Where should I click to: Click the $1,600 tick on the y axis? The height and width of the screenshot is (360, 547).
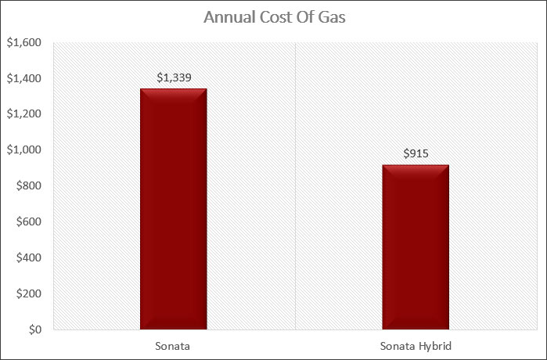23,43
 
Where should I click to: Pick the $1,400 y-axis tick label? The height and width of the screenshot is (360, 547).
23,79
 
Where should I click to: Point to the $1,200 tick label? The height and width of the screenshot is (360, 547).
23,114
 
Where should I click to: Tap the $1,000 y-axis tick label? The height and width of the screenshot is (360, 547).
23,150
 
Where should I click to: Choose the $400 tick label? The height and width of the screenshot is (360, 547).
27,257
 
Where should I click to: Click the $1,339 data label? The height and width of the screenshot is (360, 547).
174,77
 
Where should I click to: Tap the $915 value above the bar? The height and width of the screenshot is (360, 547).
416,153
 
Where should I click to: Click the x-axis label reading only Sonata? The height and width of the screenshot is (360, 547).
174,345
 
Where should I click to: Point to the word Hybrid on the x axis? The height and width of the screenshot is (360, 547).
435,345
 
